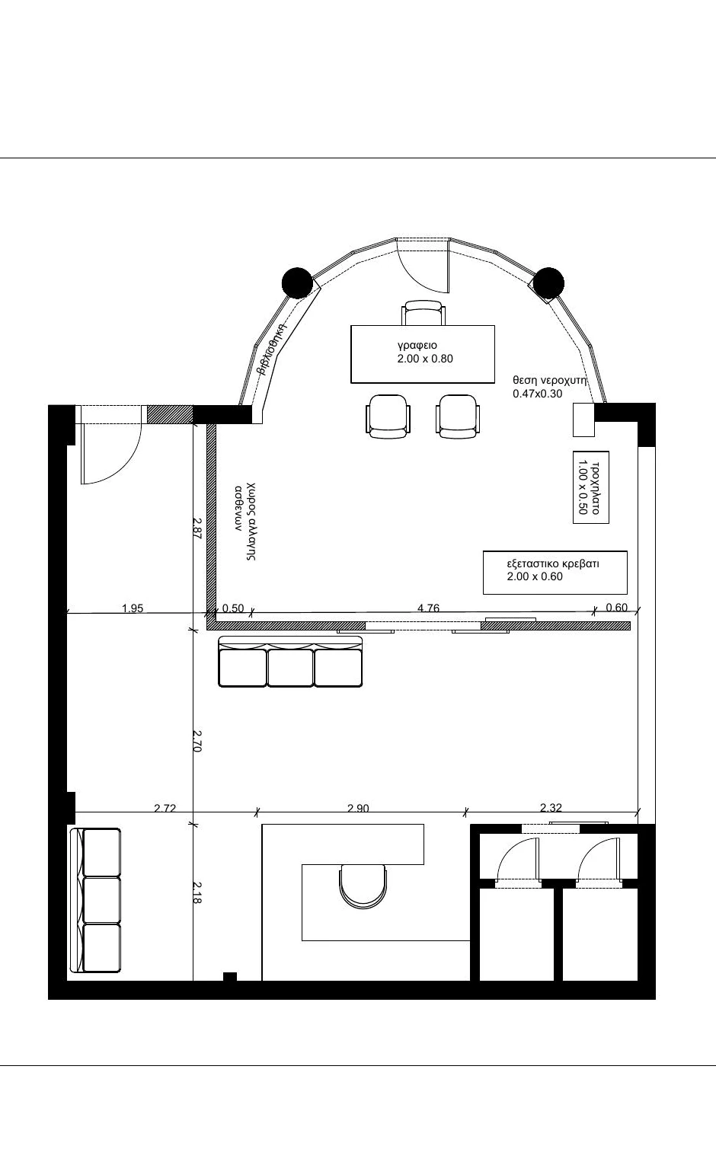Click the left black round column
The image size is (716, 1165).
click(x=297, y=282)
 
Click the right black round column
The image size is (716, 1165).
click(x=548, y=283)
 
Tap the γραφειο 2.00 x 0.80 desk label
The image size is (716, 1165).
click(x=424, y=352)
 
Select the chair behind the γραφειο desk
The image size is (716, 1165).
click(x=424, y=313)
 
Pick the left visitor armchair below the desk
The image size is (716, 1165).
click(x=388, y=416)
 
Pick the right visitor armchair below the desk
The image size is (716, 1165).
click(x=457, y=416)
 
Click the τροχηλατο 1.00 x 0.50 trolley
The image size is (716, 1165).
click(x=590, y=487)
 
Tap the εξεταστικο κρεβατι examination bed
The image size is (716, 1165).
click(x=555, y=573)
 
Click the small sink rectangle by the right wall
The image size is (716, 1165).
click(x=583, y=420)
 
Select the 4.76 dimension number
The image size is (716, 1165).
click(x=428, y=608)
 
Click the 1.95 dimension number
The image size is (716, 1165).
click(x=133, y=608)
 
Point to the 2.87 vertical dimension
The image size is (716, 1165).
click(x=197, y=528)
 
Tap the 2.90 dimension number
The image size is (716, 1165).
click(x=358, y=808)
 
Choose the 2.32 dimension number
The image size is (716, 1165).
click(x=551, y=808)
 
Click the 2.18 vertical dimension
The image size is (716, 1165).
click(x=197, y=892)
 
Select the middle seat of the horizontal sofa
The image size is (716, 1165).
click(x=290, y=667)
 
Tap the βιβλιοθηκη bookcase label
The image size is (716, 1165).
click(x=272, y=349)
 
